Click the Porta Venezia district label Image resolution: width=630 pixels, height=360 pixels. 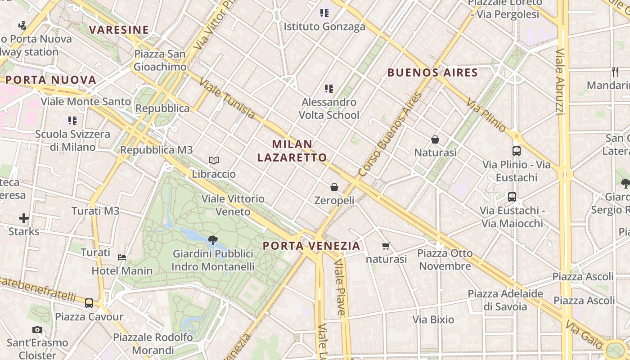[311, 246]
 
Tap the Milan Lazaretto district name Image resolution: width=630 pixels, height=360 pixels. [292, 151]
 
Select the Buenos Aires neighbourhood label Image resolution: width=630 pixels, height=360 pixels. [432, 72]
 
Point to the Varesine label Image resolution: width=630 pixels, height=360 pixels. [119, 30]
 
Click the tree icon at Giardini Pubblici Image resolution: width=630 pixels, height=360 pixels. [213, 240]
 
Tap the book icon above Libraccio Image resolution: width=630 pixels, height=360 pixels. [214, 160]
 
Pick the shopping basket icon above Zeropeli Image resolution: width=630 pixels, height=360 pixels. [334, 187]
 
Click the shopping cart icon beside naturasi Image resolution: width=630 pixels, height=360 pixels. [386, 246]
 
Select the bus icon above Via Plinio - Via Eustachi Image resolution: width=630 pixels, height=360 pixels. [517, 151]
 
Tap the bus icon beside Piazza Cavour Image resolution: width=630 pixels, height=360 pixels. [89, 303]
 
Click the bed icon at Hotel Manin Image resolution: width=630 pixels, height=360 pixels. [122, 257]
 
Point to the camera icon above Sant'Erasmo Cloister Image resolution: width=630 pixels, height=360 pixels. [37, 330]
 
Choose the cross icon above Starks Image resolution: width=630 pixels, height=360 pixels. [24, 219]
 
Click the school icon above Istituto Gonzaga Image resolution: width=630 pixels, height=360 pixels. [324, 13]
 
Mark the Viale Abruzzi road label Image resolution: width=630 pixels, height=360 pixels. [560, 81]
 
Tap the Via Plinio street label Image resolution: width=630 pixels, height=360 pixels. [486, 115]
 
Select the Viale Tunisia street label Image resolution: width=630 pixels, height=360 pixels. [227, 99]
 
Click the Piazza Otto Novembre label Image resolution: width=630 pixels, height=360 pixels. [445, 260]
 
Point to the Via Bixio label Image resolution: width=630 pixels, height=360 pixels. [433, 319]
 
